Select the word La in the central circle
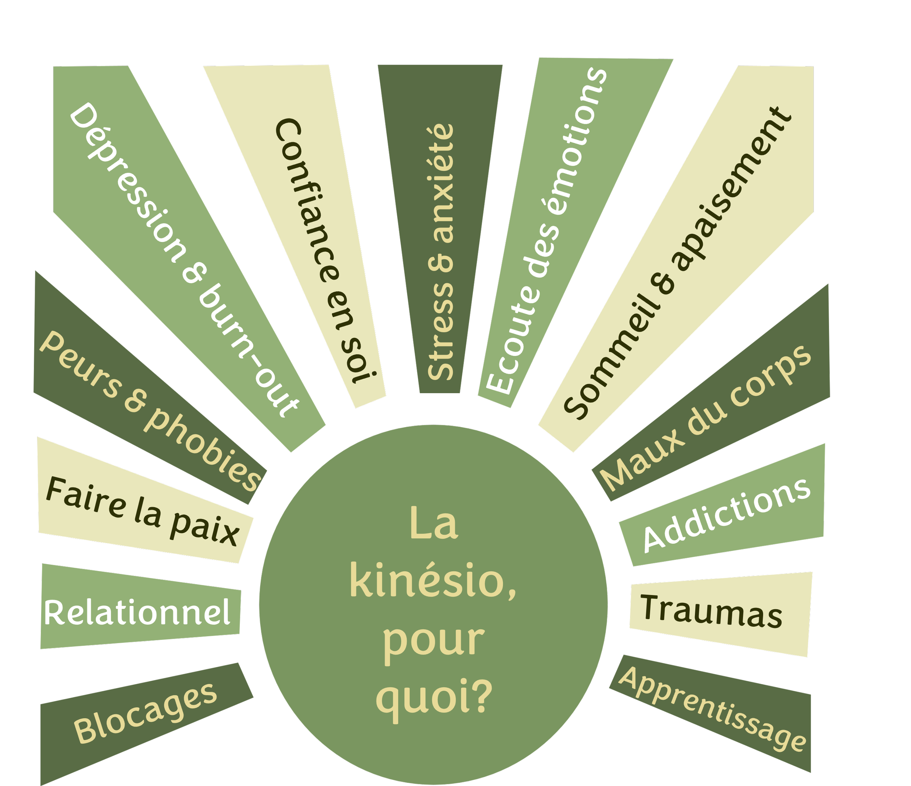click(x=434, y=524)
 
